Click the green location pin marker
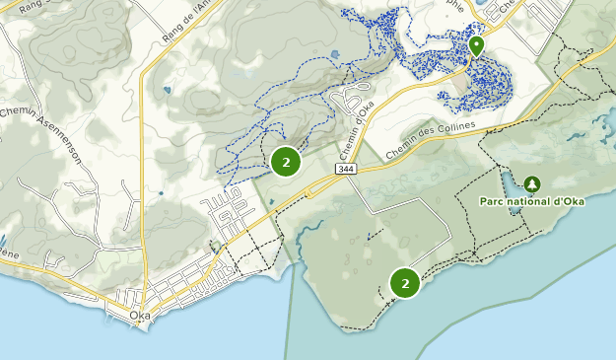[x=476, y=45]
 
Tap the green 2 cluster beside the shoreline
[x=405, y=283]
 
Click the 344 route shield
[x=344, y=170]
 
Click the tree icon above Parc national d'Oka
[x=532, y=183]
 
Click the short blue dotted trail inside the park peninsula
[x=373, y=236]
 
